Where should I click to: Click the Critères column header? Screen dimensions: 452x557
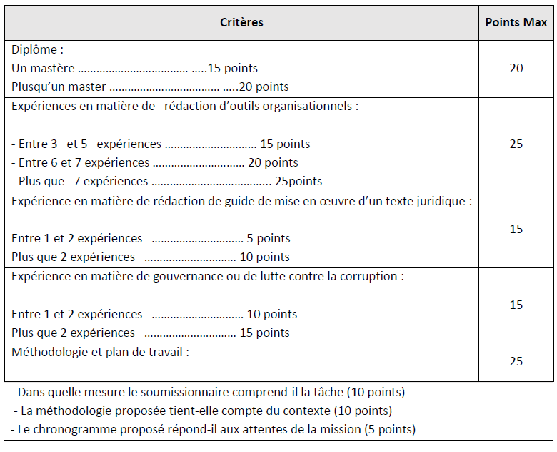point(241,22)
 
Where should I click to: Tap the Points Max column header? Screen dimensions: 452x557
point(516,22)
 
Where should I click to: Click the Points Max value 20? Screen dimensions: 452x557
point(516,69)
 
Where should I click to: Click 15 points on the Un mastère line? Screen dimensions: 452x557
point(232,69)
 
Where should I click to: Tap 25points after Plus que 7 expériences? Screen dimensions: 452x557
point(298,182)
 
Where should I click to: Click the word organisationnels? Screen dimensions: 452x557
point(313,107)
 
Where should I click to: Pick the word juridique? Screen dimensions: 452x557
point(442,201)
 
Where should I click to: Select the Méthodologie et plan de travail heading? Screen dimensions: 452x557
point(100,352)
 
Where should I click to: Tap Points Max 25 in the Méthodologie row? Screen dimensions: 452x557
point(516,361)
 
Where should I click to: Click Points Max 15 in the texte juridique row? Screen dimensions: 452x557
point(516,229)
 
